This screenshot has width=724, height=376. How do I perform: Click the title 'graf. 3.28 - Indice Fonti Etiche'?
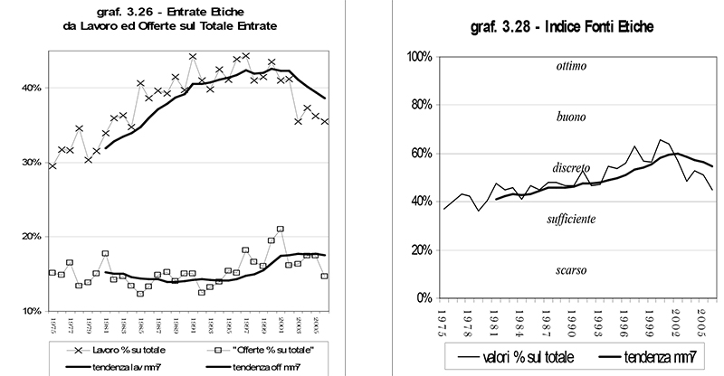563,28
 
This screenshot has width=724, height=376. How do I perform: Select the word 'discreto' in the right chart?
571,168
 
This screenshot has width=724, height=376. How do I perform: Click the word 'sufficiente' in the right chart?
571,220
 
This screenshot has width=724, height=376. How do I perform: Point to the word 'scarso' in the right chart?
572,270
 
